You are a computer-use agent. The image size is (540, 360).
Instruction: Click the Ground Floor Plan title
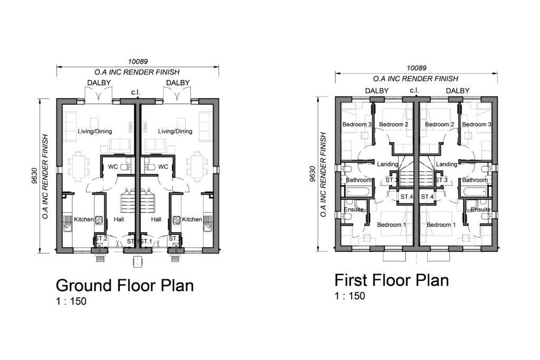click(x=124, y=286)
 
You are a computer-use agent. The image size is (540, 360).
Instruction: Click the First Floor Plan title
click(x=392, y=280)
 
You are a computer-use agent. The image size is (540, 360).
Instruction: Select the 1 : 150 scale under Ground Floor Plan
click(x=71, y=301)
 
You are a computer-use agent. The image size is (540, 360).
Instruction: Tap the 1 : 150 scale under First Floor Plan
click(x=350, y=296)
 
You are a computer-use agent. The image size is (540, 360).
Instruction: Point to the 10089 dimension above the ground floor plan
click(x=138, y=62)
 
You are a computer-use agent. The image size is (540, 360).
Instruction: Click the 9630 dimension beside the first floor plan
click(x=313, y=174)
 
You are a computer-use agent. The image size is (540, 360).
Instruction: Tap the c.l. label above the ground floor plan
click(x=136, y=92)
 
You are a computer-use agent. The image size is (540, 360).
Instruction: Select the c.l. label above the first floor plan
click(x=414, y=90)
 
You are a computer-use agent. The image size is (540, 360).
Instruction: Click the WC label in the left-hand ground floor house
click(x=113, y=167)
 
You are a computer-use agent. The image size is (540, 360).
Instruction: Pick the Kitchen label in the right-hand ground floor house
click(x=192, y=219)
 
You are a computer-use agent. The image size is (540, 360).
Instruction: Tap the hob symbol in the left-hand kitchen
click(x=99, y=220)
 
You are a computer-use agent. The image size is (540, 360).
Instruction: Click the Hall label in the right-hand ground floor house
click(x=156, y=219)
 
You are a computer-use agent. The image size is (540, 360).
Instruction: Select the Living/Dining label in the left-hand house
click(x=95, y=131)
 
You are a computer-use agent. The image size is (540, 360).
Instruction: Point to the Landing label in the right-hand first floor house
click(x=447, y=164)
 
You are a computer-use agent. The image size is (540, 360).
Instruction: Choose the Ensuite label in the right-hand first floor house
click(x=480, y=209)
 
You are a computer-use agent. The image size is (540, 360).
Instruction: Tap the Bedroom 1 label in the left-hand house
click(x=392, y=225)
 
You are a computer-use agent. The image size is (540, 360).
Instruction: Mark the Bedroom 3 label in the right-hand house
click(x=477, y=124)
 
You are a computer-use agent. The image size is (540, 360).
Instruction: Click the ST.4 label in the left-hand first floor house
click(x=407, y=197)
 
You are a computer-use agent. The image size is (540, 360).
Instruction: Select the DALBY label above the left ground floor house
click(x=99, y=83)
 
